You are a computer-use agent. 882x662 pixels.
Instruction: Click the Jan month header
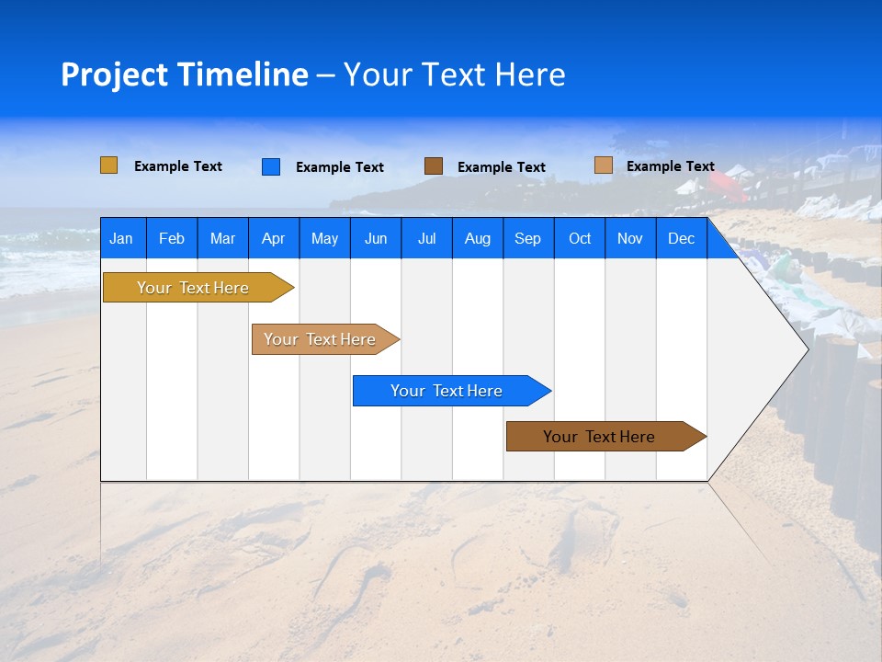[122, 238]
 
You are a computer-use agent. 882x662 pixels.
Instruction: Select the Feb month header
[172, 238]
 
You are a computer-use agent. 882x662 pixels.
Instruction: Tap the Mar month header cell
[222, 238]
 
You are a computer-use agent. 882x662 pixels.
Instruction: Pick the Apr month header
[274, 238]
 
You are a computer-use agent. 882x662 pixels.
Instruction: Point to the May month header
[324, 238]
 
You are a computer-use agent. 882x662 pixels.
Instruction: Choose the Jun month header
[376, 238]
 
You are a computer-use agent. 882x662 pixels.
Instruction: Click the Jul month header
[426, 238]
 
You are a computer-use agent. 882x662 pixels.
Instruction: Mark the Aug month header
[478, 238]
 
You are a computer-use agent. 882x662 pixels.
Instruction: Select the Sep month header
[528, 238]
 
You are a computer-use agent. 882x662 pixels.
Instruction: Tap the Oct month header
[580, 238]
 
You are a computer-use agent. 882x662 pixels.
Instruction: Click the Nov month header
[630, 238]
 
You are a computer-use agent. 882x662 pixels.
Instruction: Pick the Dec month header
[682, 238]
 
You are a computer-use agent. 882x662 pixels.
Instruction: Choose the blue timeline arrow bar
[447, 391]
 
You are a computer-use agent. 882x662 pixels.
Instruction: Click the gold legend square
[109, 165]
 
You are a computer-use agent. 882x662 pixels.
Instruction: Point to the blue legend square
[271, 166]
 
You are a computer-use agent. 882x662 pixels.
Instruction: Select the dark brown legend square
[434, 166]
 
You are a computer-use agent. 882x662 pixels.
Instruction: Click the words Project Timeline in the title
[185, 74]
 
